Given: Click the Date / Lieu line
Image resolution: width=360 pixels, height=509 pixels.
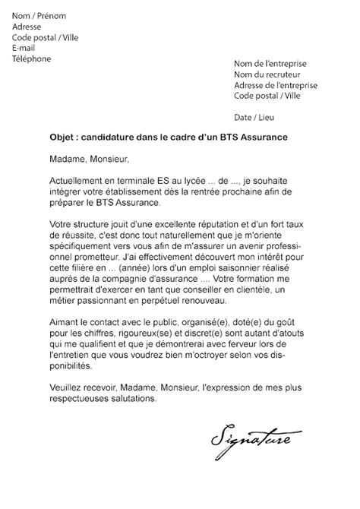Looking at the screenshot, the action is pyautogui.click(x=254, y=118).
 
